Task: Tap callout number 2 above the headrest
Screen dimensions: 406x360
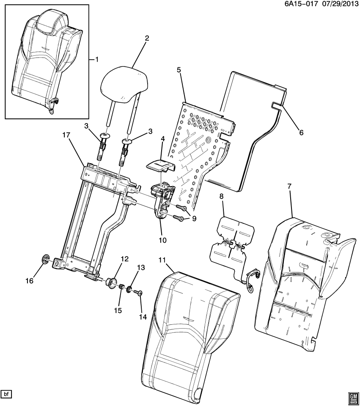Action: pos(147,38)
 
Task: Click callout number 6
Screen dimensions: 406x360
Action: pos(301,132)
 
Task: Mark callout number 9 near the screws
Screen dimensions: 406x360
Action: pos(194,219)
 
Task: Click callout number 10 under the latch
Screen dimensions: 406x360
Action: pos(163,240)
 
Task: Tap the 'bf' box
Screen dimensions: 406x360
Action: pos(6,394)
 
